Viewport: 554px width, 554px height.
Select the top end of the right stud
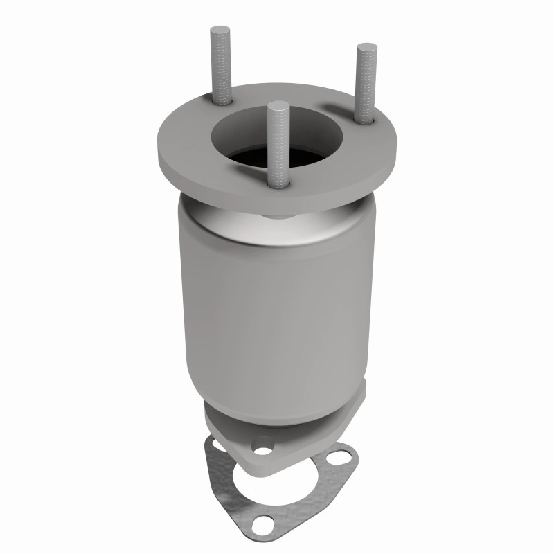(366, 48)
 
